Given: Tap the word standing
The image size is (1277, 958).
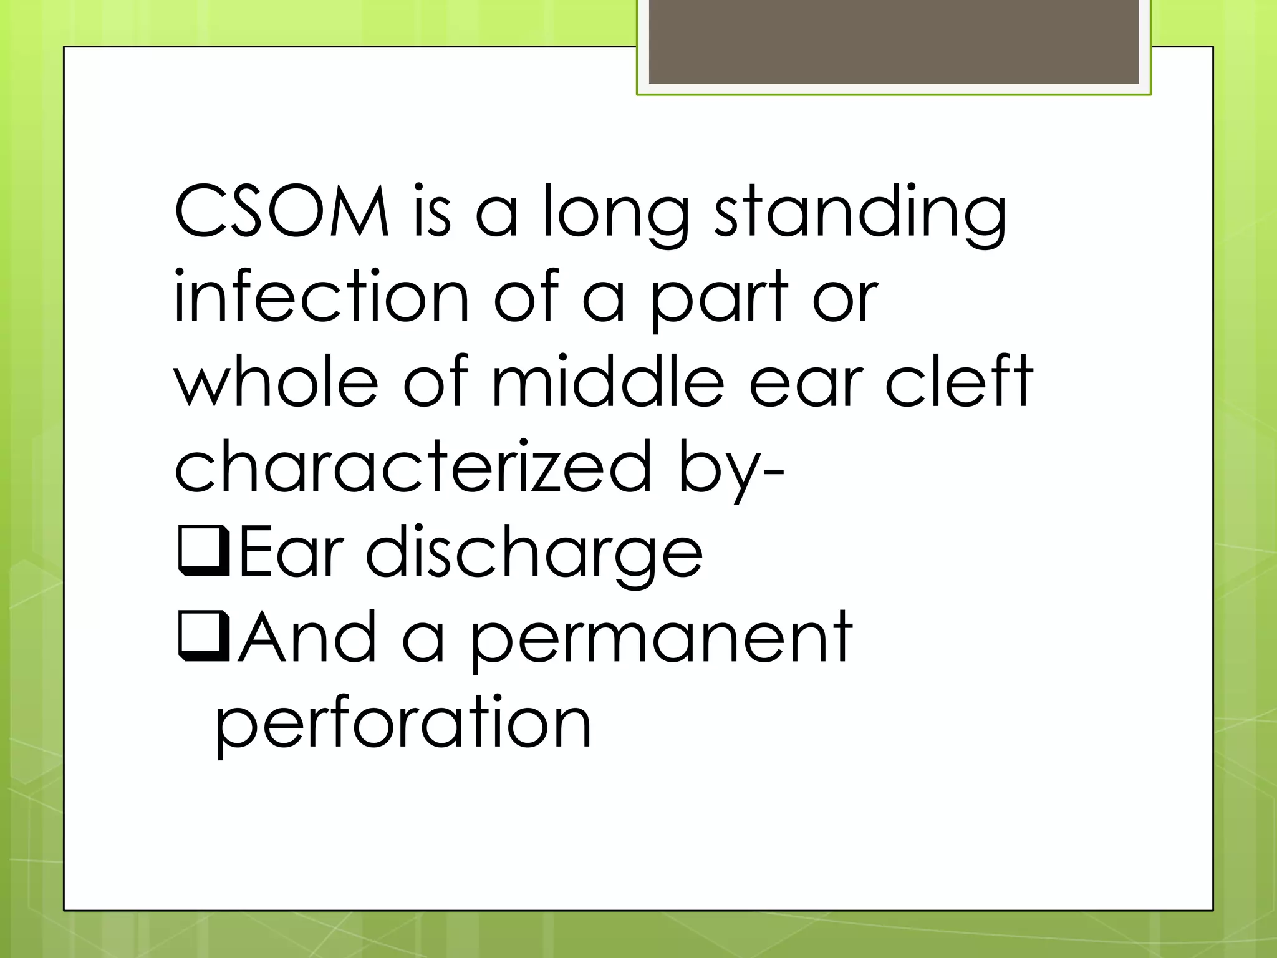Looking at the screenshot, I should (x=860, y=212).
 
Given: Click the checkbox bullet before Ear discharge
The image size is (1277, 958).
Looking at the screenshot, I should (x=203, y=551).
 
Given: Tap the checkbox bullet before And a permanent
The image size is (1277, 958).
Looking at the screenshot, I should (x=203, y=637).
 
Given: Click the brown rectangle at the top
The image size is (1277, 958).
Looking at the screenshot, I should (x=894, y=42).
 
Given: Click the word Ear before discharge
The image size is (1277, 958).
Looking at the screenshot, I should (x=291, y=552).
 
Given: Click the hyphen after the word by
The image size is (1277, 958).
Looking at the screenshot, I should (x=773, y=475).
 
